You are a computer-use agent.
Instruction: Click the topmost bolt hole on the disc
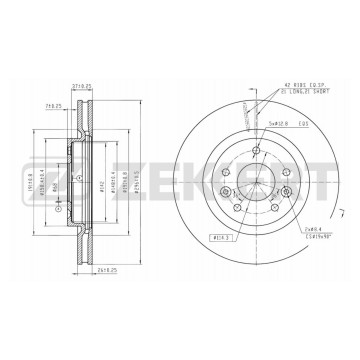click(257, 151)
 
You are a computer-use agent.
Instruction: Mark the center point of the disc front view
click(257, 182)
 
